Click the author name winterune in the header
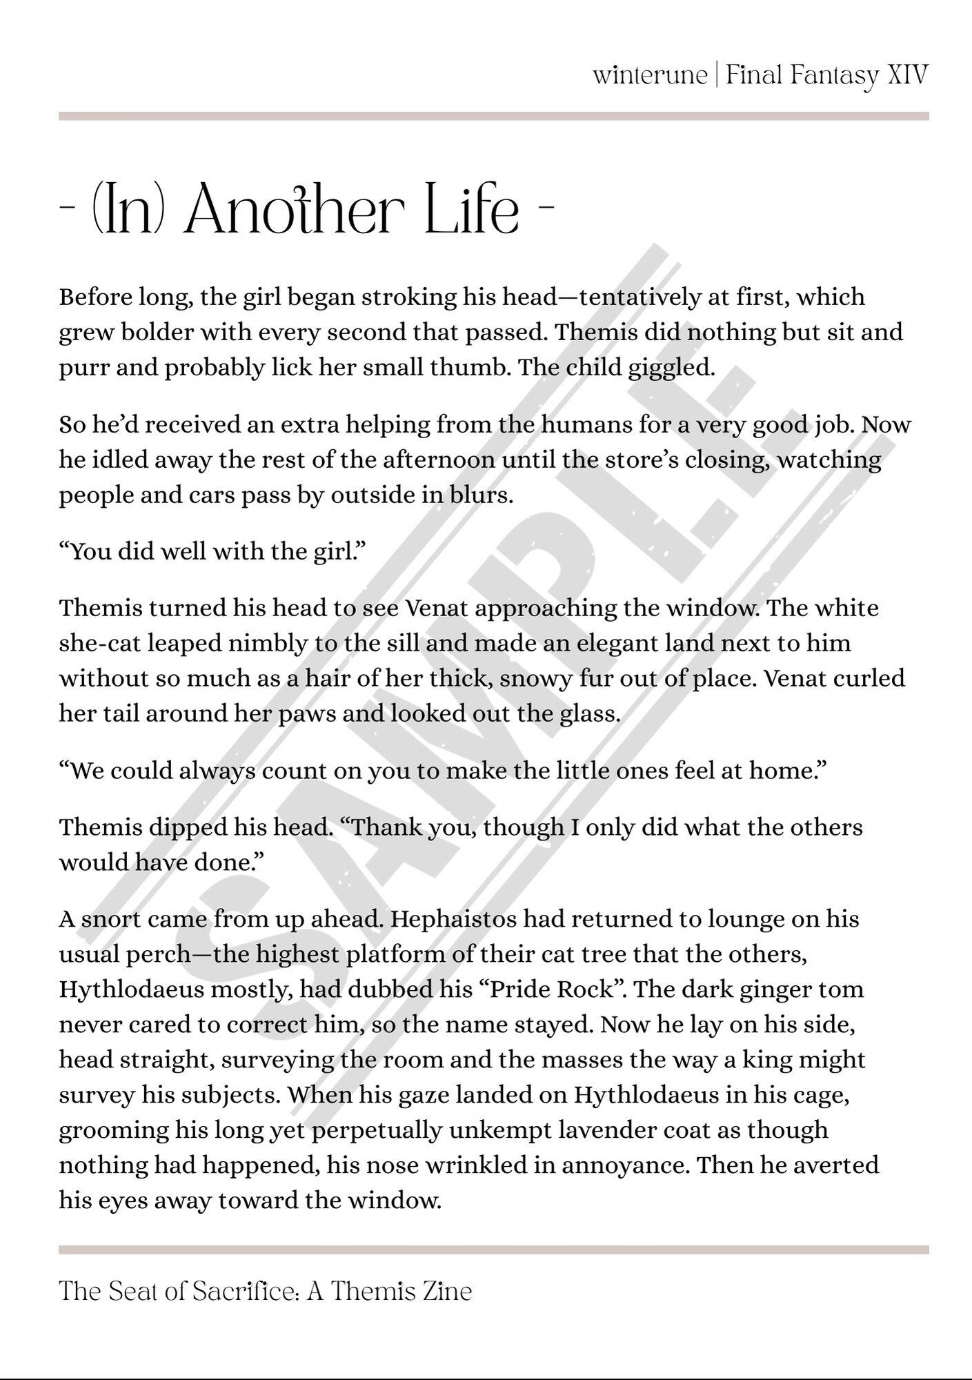pos(649,75)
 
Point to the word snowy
pos(535,678)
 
